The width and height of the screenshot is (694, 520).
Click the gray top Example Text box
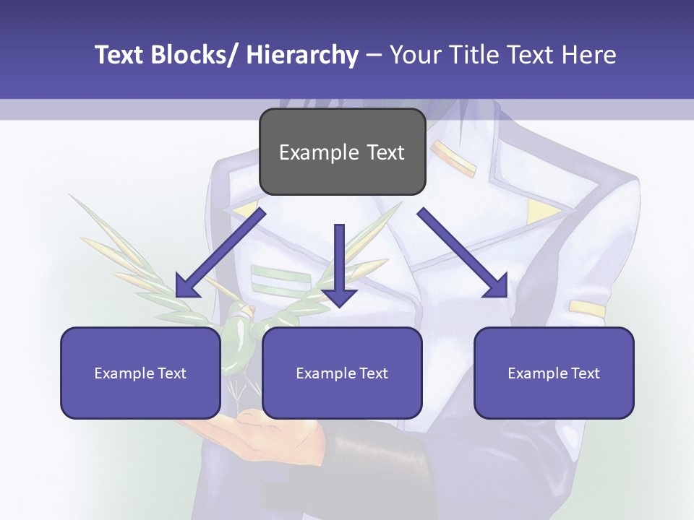(x=342, y=152)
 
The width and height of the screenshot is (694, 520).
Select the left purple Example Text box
(x=140, y=373)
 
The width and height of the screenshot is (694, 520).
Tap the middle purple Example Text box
(x=342, y=373)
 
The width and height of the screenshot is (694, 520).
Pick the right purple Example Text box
(x=554, y=373)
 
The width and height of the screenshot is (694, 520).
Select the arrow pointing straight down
(x=339, y=267)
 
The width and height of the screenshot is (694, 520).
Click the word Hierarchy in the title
(x=302, y=55)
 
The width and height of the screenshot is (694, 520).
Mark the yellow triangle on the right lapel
(x=541, y=210)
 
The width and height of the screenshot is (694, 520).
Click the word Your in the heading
(x=416, y=55)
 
